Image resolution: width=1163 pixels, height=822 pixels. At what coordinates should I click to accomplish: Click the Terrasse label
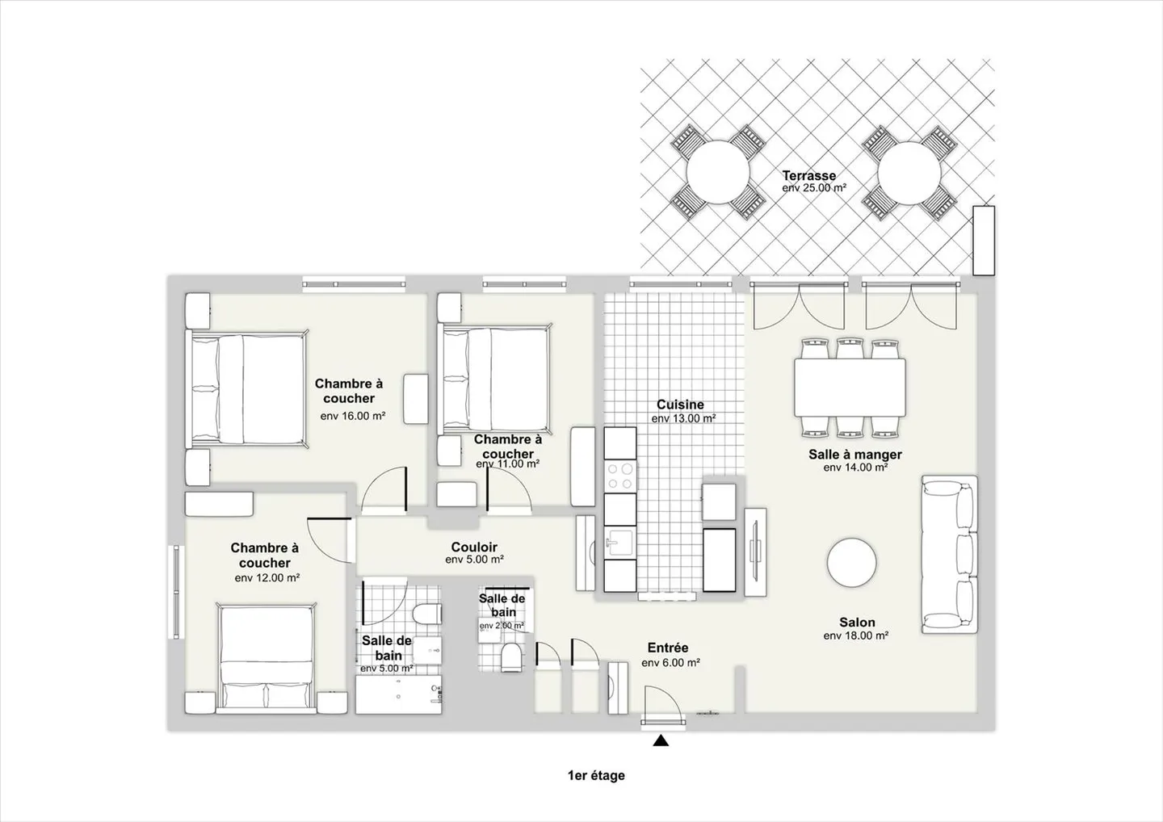(x=808, y=175)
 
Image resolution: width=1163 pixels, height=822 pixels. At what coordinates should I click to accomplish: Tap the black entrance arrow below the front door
(x=661, y=740)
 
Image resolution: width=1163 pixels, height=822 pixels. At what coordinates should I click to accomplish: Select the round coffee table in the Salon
(x=851, y=564)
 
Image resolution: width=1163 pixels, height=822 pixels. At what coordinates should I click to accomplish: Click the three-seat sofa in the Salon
(x=950, y=554)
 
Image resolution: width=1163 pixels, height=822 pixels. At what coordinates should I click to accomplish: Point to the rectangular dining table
(x=850, y=387)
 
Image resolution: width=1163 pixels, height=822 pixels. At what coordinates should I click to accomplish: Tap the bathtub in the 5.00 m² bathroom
(x=399, y=695)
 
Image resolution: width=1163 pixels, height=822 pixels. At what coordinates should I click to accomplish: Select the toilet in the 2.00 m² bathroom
(x=511, y=656)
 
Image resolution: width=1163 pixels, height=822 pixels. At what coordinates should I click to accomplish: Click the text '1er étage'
(x=596, y=776)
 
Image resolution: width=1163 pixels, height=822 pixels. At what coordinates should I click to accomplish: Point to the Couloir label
(x=474, y=547)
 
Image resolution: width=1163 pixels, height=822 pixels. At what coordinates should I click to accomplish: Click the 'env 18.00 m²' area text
(x=856, y=636)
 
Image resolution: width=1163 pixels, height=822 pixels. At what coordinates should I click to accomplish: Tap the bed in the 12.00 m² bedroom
(x=267, y=660)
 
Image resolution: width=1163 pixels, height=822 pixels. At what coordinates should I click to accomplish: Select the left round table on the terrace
(x=717, y=173)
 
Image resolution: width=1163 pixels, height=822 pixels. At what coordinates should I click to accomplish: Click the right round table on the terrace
(x=909, y=173)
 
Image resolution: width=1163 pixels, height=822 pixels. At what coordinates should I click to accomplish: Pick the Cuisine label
(x=680, y=405)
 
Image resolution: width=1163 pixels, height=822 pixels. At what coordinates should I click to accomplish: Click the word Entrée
(x=668, y=648)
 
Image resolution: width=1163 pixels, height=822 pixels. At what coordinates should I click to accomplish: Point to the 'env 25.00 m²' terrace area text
(x=814, y=188)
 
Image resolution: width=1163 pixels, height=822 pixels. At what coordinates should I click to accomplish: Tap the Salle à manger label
(x=855, y=455)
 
